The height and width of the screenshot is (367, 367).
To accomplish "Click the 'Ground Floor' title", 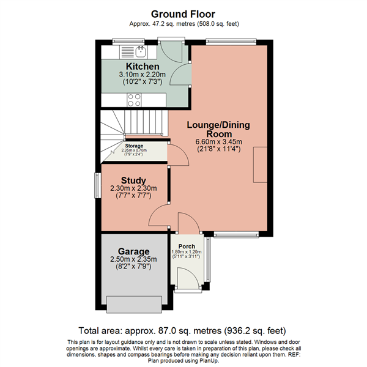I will [x=183, y=13].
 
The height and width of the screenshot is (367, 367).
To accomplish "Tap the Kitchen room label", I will [x=143, y=66].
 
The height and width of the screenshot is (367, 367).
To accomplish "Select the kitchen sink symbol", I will [x=140, y=50].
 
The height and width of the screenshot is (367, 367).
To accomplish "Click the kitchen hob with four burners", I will [x=134, y=100].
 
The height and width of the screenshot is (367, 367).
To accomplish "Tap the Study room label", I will [x=133, y=180].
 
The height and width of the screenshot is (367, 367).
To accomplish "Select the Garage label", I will [x=134, y=251].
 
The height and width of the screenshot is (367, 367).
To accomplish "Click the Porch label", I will [x=187, y=247].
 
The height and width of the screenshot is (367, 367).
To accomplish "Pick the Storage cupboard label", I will [x=134, y=146].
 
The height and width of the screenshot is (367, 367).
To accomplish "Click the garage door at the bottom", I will [x=133, y=303].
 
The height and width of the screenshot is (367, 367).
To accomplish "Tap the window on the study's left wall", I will [x=95, y=185].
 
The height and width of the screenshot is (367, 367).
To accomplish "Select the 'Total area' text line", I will [x=183, y=330].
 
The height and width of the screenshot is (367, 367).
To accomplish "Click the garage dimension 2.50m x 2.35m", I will [x=134, y=260].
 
